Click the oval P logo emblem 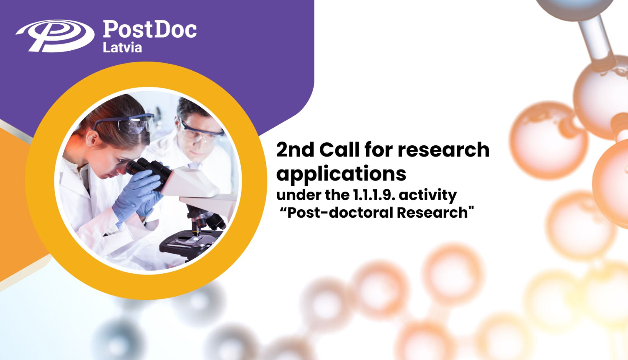point(55,36)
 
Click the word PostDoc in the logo point(149,30)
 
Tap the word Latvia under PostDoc point(122,48)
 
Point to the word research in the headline point(443,150)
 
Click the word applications point(341,174)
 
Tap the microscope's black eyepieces point(144,167)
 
